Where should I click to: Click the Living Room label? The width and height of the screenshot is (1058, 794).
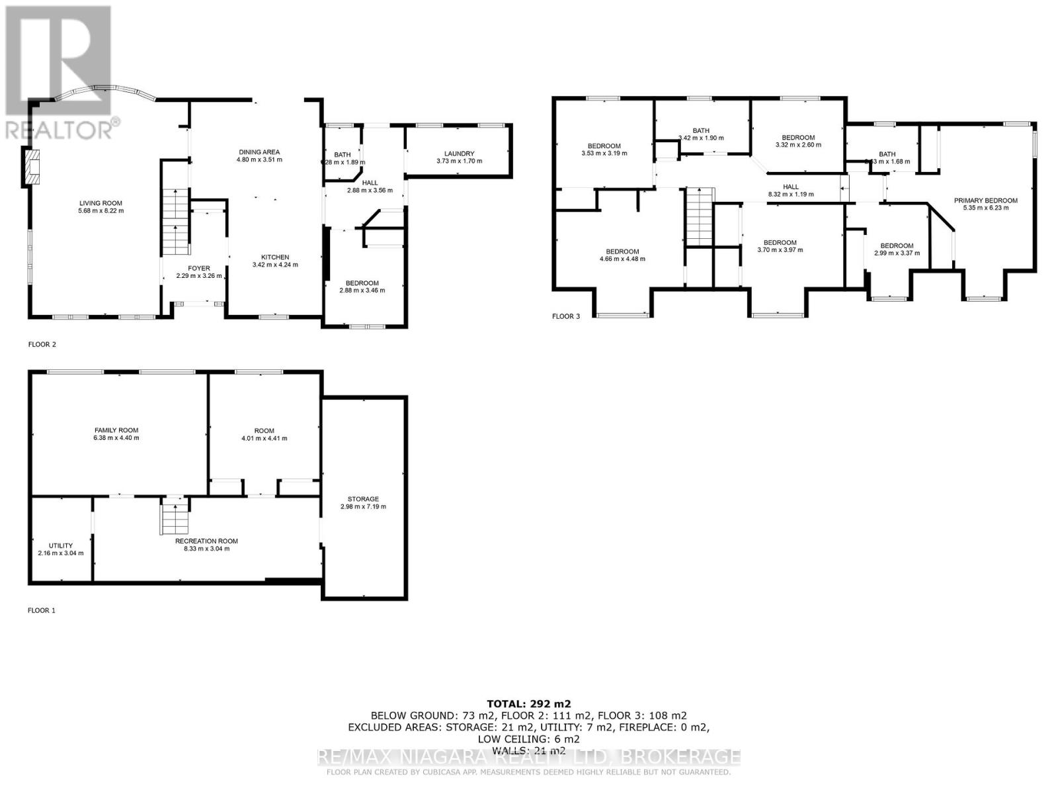[x=101, y=203]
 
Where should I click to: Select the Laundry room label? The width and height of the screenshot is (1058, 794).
[x=459, y=154]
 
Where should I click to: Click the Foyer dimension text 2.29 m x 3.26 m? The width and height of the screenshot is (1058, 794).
[x=198, y=276]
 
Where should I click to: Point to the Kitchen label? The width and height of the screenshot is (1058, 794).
[x=274, y=257]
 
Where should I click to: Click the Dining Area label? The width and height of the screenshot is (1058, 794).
[x=260, y=152]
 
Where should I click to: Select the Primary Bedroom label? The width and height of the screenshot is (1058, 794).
[x=985, y=200]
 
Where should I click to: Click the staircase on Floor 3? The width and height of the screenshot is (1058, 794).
[x=699, y=216]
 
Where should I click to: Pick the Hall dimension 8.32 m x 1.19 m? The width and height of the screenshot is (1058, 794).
[x=790, y=195]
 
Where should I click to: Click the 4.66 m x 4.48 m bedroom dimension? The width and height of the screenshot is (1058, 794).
[x=622, y=259]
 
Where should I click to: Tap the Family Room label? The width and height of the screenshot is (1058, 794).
[x=116, y=430]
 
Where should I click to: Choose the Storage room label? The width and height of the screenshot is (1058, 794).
[x=363, y=499]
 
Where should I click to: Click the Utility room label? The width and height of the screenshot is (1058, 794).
[x=61, y=546]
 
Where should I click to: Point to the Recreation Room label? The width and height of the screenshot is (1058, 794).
[x=206, y=541]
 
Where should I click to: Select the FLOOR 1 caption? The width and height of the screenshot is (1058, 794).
[x=41, y=610]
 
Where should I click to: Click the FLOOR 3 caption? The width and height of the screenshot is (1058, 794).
[x=565, y=316]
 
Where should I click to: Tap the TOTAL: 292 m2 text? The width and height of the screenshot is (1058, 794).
[x=528, y=703]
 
